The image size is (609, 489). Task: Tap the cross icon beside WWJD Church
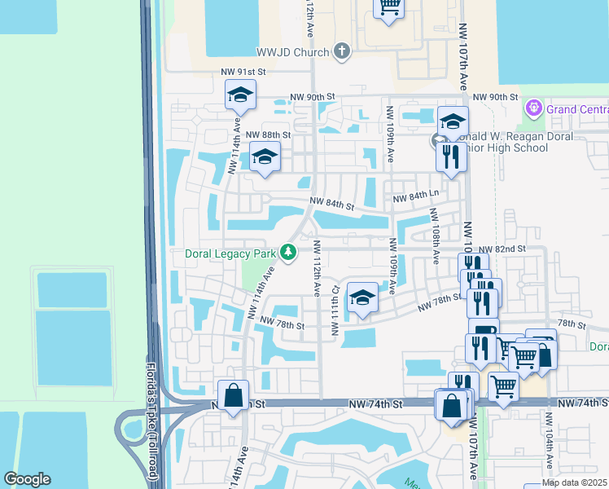342,52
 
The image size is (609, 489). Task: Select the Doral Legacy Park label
230,253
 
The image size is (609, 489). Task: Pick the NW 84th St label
331,206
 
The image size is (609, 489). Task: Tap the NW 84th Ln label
415,199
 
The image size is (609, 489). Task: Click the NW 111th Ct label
335,310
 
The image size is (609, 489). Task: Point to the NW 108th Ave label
436,236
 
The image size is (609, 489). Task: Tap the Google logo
27,479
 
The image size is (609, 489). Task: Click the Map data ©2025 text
573,482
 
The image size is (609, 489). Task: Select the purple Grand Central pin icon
534,108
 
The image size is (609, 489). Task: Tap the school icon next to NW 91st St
241,95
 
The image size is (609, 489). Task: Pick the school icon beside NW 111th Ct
362,297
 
